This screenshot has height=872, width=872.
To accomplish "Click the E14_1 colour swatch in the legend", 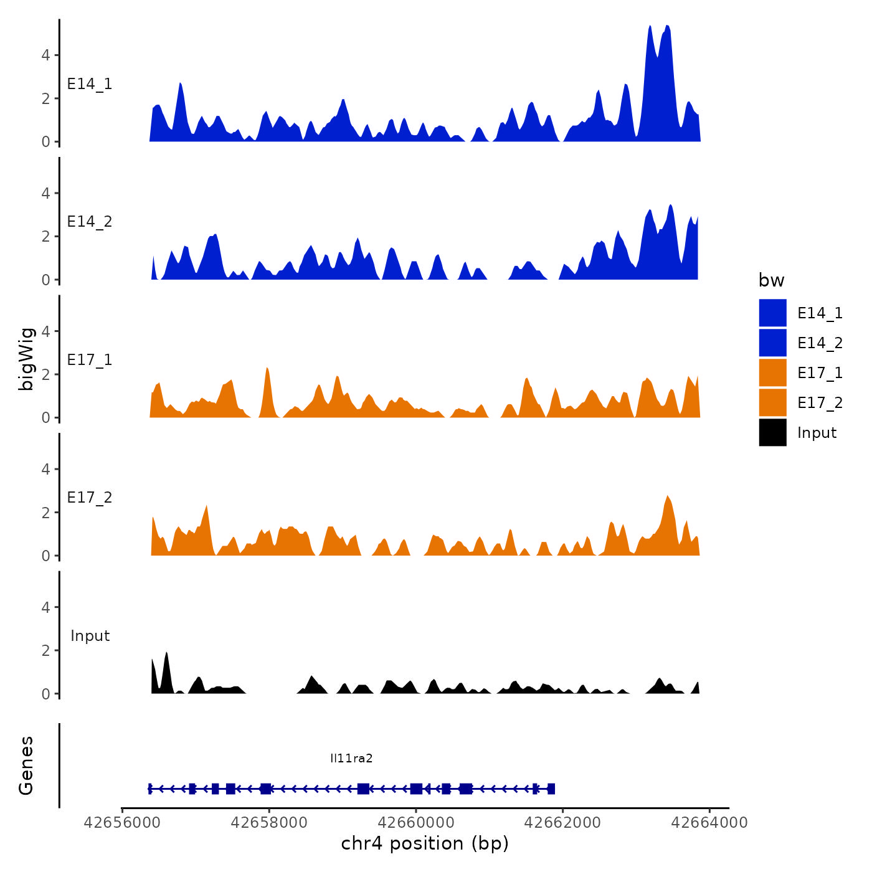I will click(x=772, y=313).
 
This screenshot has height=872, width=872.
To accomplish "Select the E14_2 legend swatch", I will click(x=772, y=343).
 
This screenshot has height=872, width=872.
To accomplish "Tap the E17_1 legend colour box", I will click(x=772, y=372).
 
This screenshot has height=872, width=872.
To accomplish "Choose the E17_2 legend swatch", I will click(x=772, y=402).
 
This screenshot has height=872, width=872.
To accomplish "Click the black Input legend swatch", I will click(x=772, y=432).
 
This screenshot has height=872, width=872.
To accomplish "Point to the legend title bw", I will click(x=771, y=281).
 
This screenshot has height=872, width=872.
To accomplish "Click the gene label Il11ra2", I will click(x=351, y=758).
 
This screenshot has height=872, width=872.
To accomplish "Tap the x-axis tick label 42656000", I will click(x=122, y=823).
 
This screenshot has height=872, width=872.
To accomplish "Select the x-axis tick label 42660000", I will click(x=416, y=823).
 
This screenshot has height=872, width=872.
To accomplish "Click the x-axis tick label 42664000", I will click(x=709, y=823).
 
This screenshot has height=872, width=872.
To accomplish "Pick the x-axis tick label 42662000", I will click(x=562, y=823).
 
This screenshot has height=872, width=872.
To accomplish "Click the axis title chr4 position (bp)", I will click(x=425, y=843).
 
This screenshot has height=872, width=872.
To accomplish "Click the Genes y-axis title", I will click(x=26, y=765).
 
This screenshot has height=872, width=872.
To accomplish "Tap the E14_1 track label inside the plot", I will click(x=90, y=84).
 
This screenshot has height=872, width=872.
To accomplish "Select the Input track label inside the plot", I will click(x=90, y=636).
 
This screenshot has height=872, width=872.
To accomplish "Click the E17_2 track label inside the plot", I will click(x=90, y=498).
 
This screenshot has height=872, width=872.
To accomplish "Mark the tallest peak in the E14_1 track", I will click(x=667, y=27).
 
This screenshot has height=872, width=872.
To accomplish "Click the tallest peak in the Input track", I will click(x=166, y=653).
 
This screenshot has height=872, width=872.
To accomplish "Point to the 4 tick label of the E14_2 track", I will click(x=45, y=193).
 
